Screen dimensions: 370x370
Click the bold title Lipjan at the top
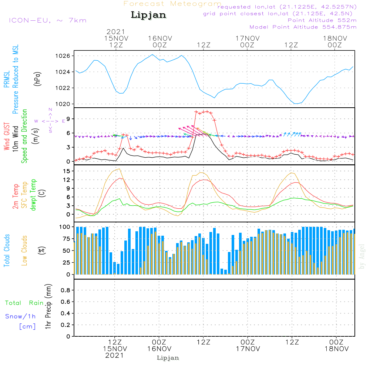[148, 15]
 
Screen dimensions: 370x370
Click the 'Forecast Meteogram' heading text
[172, 4]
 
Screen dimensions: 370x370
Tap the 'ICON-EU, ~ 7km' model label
[47, 20]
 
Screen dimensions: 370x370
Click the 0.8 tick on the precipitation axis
[65, 290]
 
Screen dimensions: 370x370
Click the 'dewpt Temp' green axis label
[33, 195]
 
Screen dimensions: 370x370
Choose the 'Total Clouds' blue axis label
[7, 250]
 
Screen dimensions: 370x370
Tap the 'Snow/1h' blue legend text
[20, 317]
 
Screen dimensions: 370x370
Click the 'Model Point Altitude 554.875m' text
[303, 27]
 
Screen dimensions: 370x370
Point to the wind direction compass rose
[50, 121]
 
